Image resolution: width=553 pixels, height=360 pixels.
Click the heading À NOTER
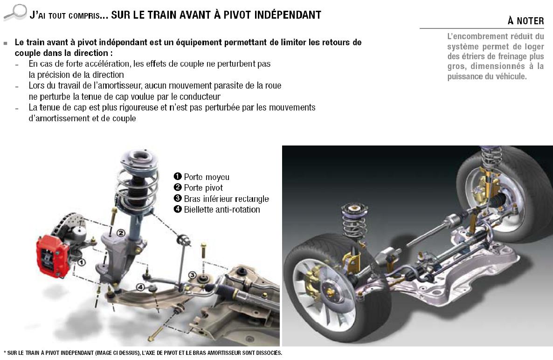pos(526,21)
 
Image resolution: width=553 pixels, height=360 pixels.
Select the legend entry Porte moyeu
pos(202,177)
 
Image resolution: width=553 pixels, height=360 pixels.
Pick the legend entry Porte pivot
pos(199,187)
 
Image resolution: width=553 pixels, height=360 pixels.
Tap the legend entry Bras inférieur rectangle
pos(221,199)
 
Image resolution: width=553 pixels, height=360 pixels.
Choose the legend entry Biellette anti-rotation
pos(217,209)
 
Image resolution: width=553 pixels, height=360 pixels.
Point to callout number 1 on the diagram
pos(81,263)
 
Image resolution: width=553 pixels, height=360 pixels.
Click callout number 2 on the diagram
pos(121,233)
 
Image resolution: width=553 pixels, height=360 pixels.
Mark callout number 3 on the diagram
pos(192,275)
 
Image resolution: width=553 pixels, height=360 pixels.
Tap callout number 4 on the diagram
pos(140,287)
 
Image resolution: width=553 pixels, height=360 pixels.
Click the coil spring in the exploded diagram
pos(137,189)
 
